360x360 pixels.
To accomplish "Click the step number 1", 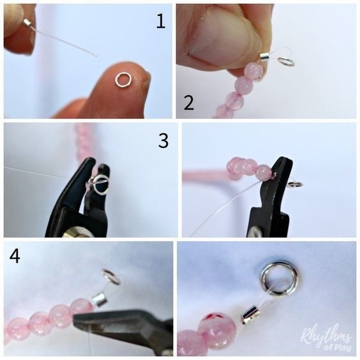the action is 161,21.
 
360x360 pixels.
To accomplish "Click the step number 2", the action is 189,103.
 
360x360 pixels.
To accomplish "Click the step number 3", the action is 163,140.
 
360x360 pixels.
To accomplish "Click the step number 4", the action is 15,255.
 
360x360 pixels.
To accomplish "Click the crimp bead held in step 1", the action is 27,23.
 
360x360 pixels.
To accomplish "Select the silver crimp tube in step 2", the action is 265,57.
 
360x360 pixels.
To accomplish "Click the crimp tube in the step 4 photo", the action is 100,299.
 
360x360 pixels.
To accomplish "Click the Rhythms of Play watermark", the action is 326,339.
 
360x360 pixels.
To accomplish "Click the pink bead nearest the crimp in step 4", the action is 81,308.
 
